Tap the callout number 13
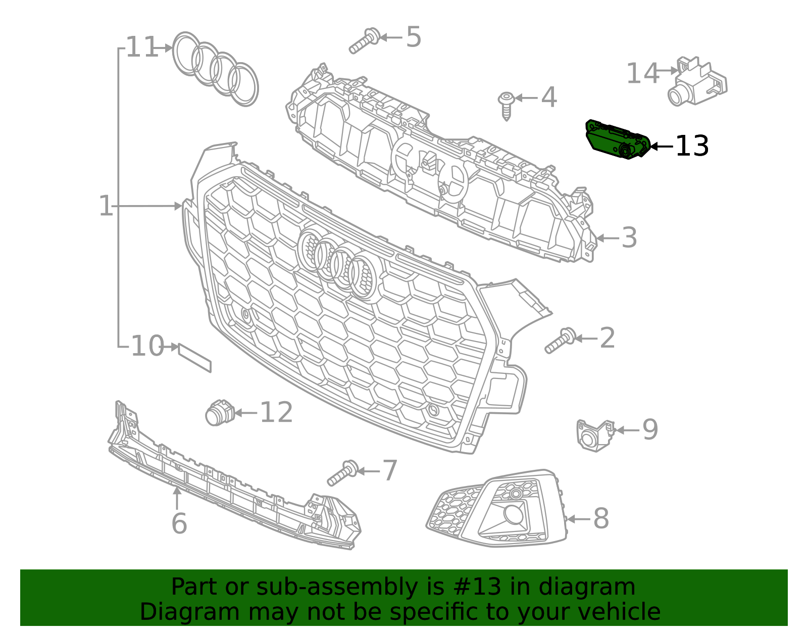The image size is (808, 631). click(x=691, y=147)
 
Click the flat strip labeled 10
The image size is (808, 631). click(x=194, y=357)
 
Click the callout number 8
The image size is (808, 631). click(x=600, y=519)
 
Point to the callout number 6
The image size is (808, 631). click(x=179, y=523)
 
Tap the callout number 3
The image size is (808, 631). click(x=629, y=238)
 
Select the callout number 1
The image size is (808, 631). click(x=106, y=206)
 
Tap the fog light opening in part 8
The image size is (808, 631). click(x=514, y=514)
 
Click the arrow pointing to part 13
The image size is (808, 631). click(x=661, y=147)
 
